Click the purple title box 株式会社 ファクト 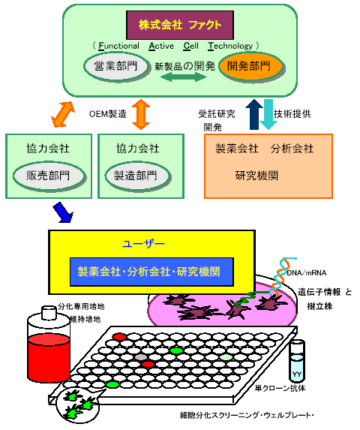pyautogui.click(x=180, y=25)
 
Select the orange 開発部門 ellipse pyautogui.click(x=250, y=66)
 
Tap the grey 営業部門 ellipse pyautogui.click(x=116, y=66)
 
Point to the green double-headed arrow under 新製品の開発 pyautogui.click(x=184, y=77)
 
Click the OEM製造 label pyautogui.click(x=108, y=114)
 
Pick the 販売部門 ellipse pyautogui.click(x=49, y=176)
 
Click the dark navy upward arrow pyautogui.click(x=254, y=114)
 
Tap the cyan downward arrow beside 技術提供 pyautogui.click(x=268, y=114)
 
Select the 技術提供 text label pyautogui.click(x=292, y=114)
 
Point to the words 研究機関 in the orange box pyautogui.click(x=256, y=176)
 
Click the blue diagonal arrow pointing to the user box pyautogui.click(x=63, y=212)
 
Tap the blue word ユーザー pyautogui.click(x=143, y=244)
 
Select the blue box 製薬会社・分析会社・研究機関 pyautogui.click(x=151, y=272)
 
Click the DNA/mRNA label pyautogui.click(x=307, y=273)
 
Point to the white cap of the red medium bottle pyautogui.click(x=49, y=313)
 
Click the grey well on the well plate pyautogui.click(x=141, y=357)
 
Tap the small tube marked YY pyautogui.click(x=297, y=361)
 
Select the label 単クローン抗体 pyautogui.click(x=280, y=388)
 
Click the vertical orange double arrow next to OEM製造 pyautogui.click(x=141, y=114)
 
